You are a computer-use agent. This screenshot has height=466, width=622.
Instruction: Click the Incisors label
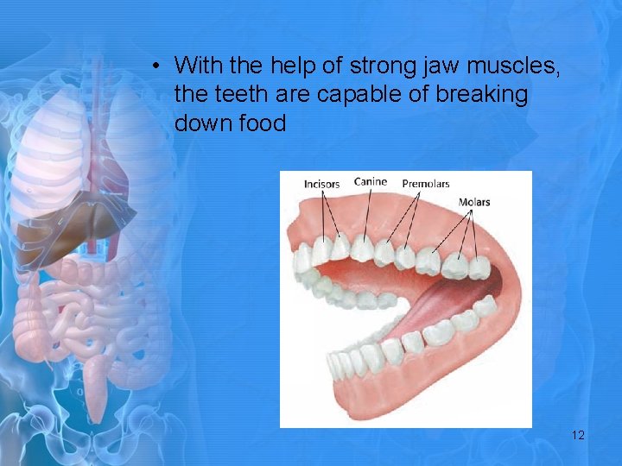[321, 184]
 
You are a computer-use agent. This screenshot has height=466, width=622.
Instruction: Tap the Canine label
[371, 182]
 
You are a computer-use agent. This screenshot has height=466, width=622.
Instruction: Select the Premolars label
[425, 184]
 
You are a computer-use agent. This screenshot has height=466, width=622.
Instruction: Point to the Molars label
[474, 203]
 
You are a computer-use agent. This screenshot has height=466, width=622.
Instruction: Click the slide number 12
[578, 435]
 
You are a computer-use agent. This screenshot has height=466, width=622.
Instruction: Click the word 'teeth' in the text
[244, 94]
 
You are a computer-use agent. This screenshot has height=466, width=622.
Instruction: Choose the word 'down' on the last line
[201, 123]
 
